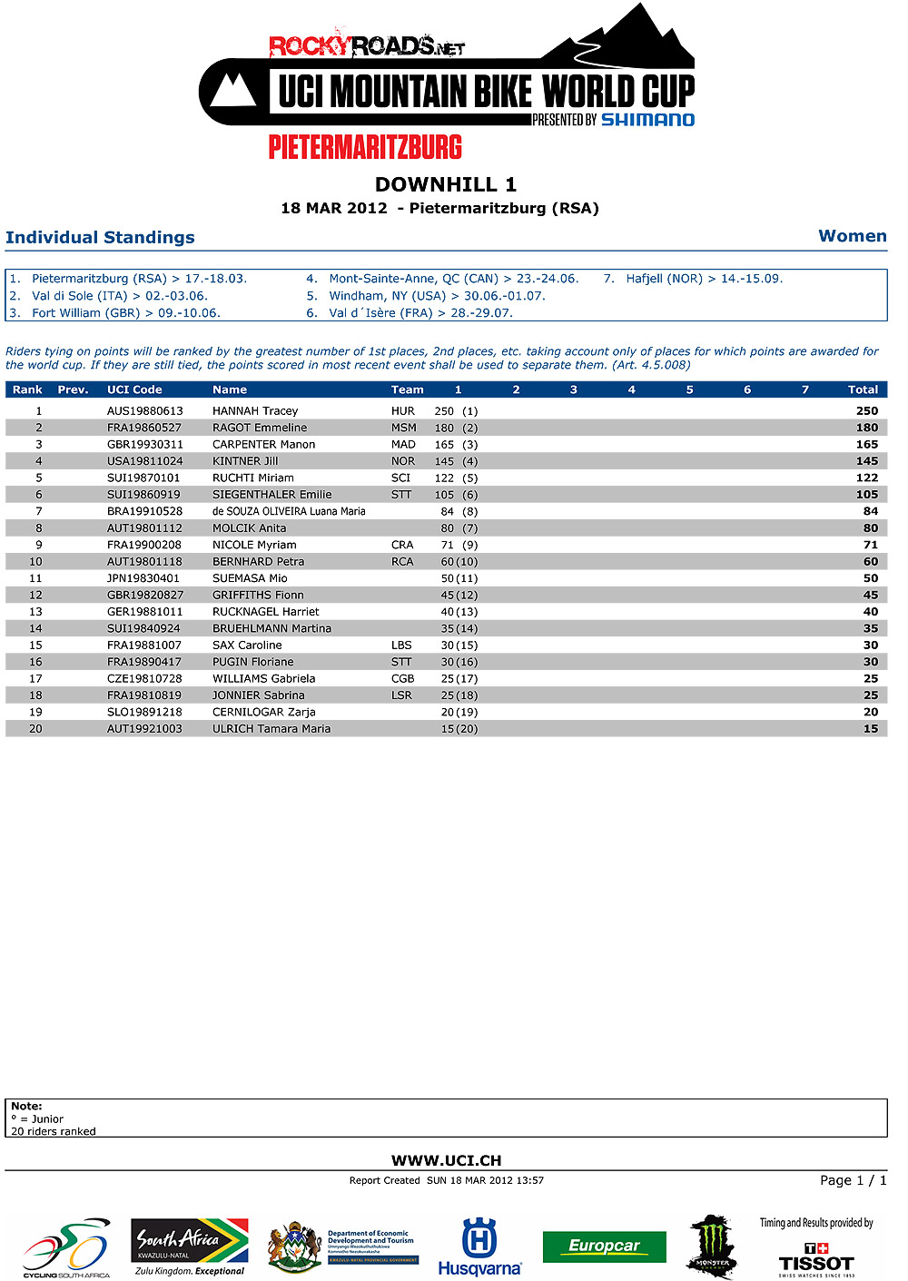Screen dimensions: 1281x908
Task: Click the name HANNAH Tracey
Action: coord(255,411)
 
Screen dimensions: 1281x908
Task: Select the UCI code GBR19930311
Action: coord(145,445)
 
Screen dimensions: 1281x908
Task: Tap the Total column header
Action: coord(863,390)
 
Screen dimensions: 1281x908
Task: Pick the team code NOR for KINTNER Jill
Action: coord(403,461)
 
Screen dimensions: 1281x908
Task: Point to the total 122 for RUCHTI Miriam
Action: coord(867,478)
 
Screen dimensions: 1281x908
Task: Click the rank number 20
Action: coord(35,729)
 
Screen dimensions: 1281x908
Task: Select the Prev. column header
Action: coord(73,390)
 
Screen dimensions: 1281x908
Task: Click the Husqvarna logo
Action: coord(479,1247)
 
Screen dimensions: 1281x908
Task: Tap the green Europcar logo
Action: coord(604,1247)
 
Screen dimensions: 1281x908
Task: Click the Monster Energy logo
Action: coord(712,1247)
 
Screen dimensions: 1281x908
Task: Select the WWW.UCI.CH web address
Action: coord(446,1160)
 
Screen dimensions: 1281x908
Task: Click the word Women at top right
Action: coord(852,236)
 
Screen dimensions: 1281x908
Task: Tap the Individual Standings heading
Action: coord(100,238)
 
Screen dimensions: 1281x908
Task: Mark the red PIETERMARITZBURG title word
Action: coord(365,147)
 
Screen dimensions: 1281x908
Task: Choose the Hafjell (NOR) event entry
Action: coord(704,279)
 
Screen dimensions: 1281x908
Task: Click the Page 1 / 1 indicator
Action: coord(853,1180)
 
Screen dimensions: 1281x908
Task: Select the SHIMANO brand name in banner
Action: coord(647,120)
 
